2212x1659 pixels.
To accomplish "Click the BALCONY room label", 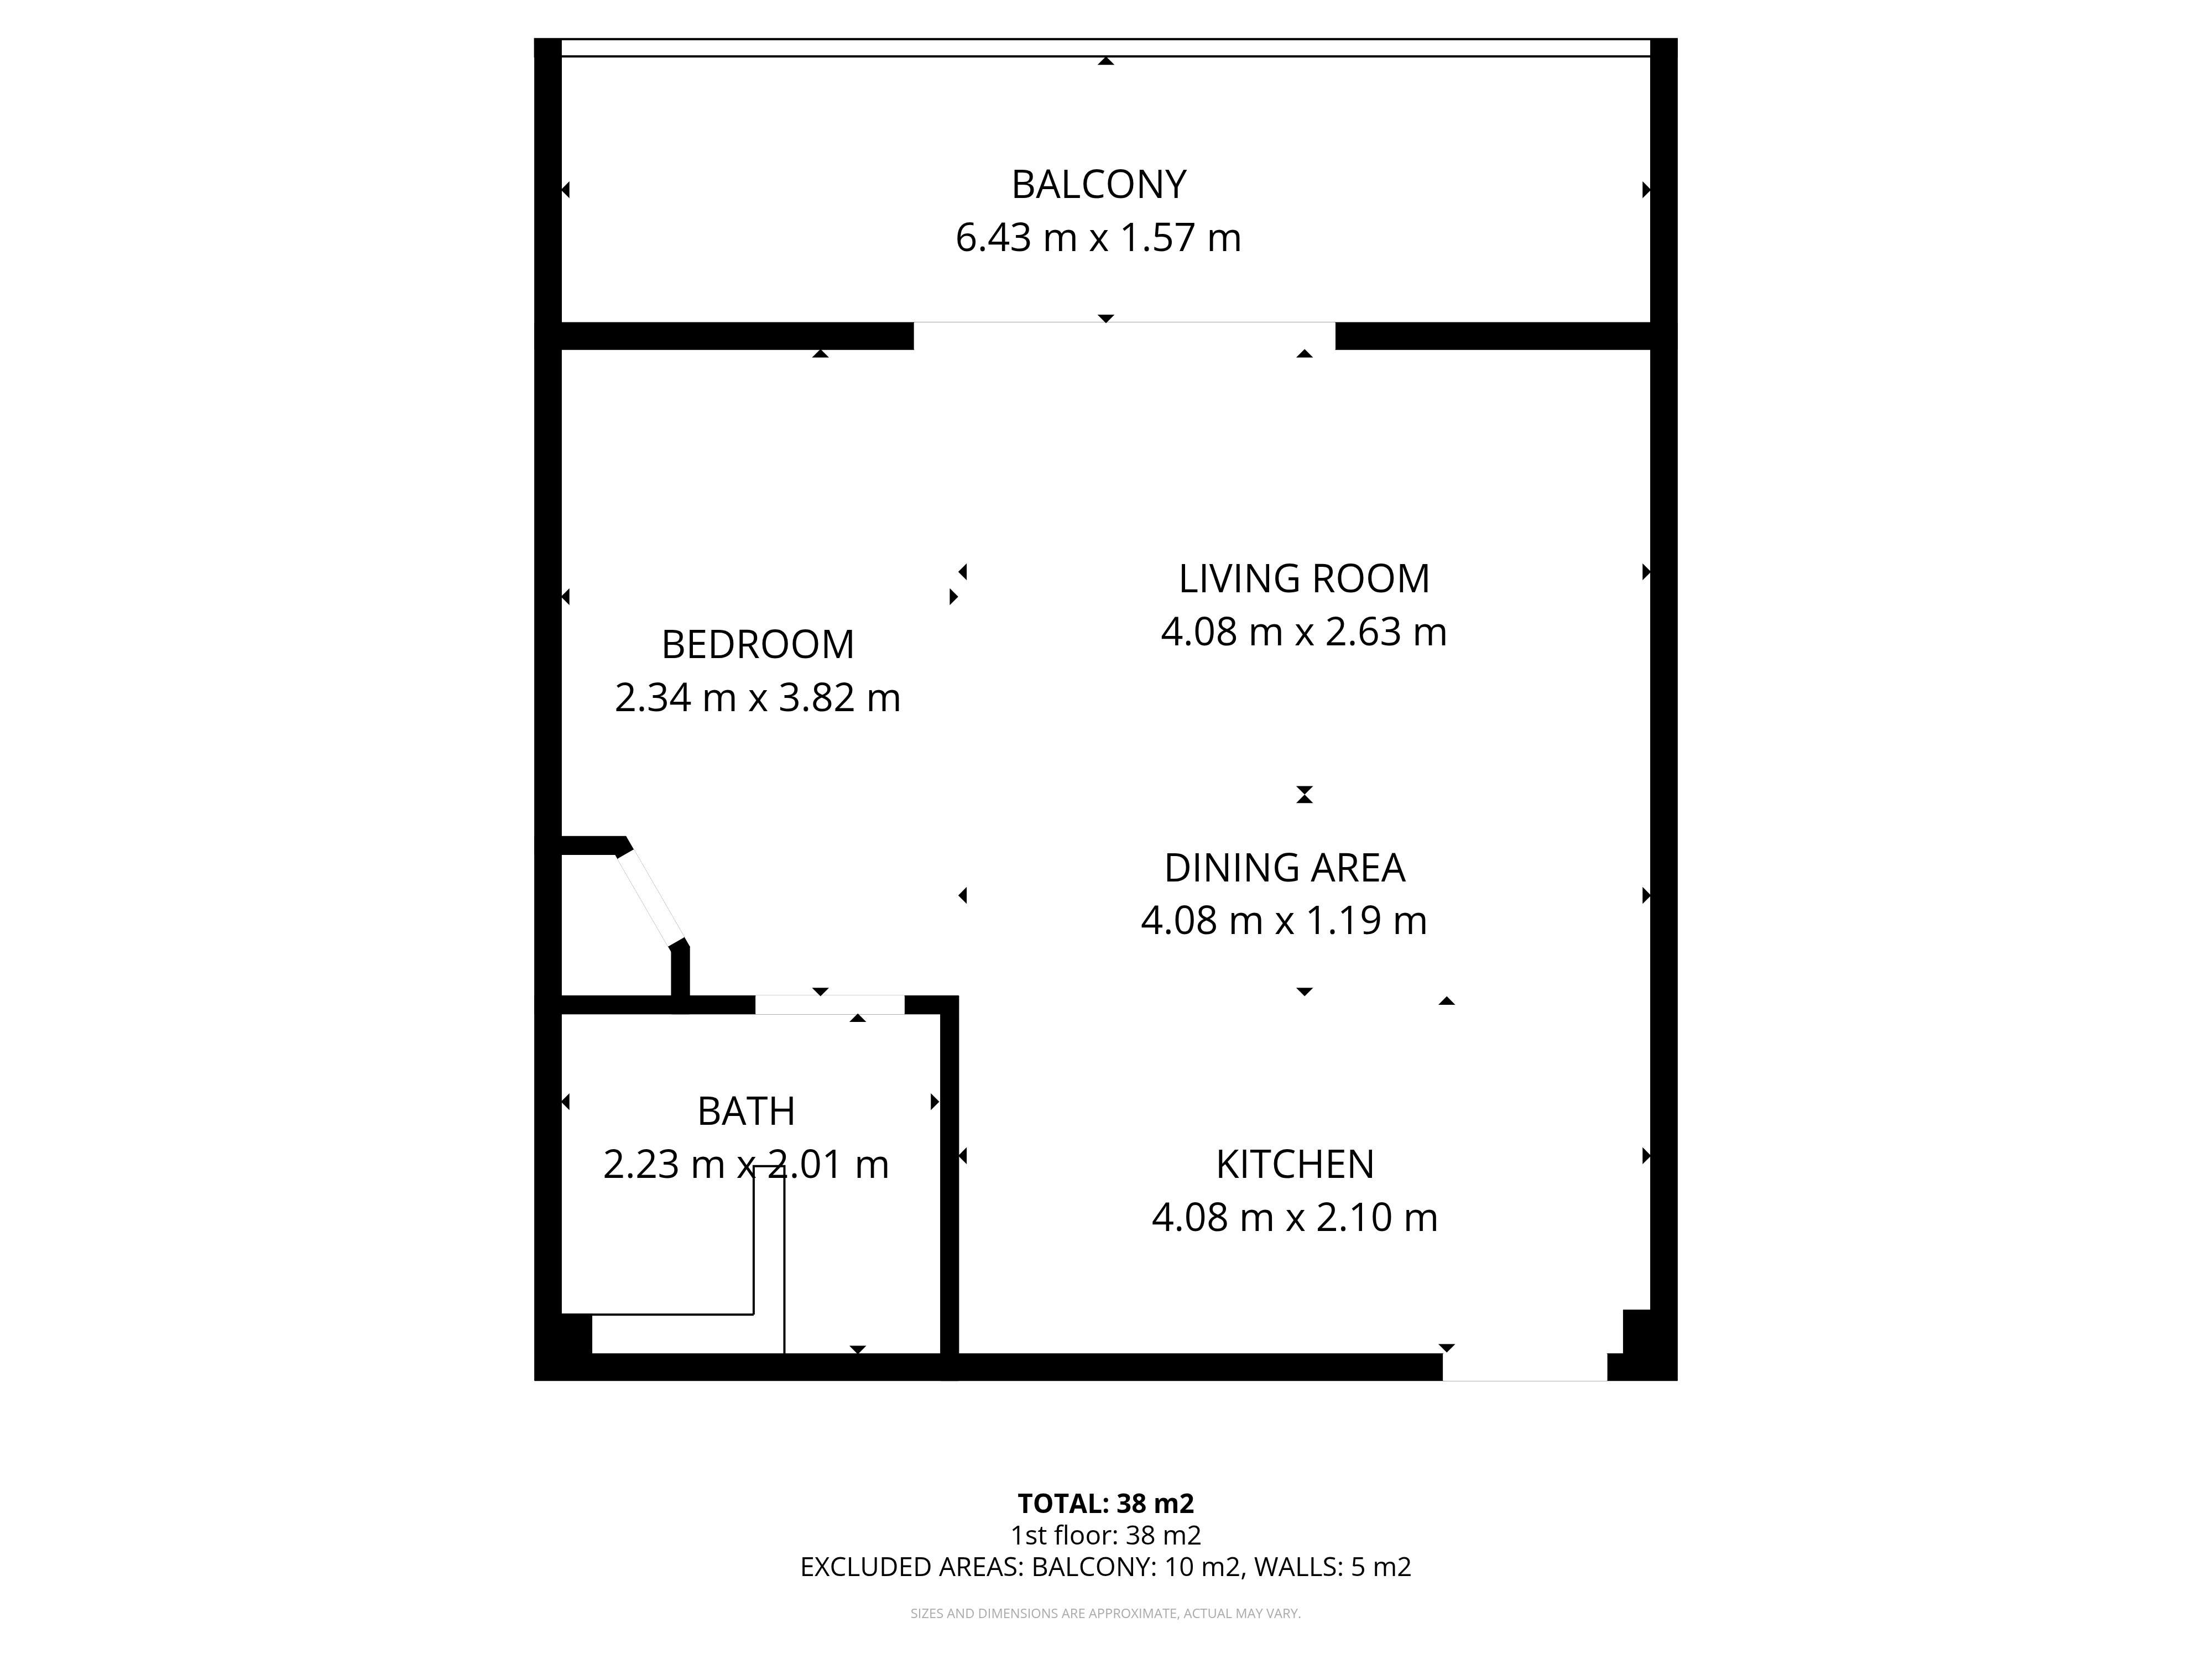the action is (1098, 185).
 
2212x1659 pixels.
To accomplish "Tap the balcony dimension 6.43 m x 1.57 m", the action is (1098, 238).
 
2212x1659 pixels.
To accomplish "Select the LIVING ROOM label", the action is (1304, 579).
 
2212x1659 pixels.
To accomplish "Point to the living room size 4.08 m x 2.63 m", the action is (1304, 632).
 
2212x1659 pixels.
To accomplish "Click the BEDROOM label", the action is (758, 645).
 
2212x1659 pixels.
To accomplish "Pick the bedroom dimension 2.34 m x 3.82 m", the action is (758, 698).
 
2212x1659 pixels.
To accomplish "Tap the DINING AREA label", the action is (1285, 868).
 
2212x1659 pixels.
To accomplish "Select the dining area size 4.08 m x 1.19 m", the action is (1284, 921).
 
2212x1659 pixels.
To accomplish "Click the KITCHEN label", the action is (1295, 1165).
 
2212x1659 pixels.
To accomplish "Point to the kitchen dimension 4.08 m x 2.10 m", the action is (1295, 1218).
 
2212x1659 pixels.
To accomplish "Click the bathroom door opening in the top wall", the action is (830, 1005).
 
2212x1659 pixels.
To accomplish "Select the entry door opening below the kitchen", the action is (1525, 1367).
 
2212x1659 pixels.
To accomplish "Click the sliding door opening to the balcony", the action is (1125, 336).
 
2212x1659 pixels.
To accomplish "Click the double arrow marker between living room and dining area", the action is (1304, 795).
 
